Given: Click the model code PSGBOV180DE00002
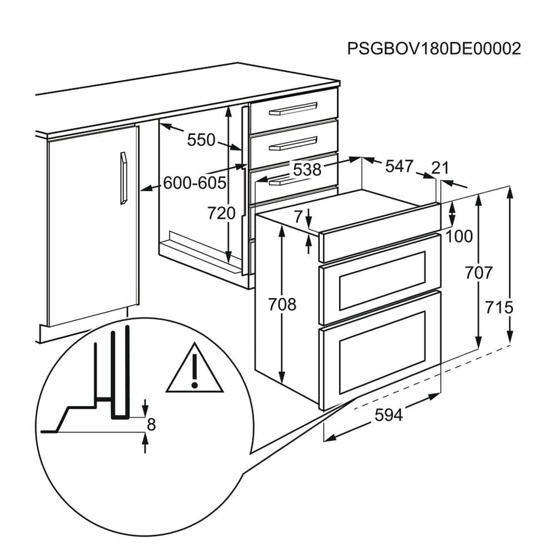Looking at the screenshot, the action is coord(434,48).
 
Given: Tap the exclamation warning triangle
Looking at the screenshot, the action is coord(195,368).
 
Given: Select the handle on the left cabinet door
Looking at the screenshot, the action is coord(123,178).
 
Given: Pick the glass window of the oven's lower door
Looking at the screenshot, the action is coord(383,353).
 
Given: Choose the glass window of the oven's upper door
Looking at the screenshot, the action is coord(383,281).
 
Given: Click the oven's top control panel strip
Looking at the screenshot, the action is coord(380,232).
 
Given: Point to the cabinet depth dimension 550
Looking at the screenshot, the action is coord(201,140).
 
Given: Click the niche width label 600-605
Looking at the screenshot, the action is coord(195,183).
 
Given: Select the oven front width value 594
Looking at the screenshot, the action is coord(389,415).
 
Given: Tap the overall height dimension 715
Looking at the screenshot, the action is coord(499,307).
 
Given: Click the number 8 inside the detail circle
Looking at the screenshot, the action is coord(151,424).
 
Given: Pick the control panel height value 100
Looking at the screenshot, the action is coord(459,236).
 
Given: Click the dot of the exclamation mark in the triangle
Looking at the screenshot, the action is coord(194,384).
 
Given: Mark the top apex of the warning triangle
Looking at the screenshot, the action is coord(195,342).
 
